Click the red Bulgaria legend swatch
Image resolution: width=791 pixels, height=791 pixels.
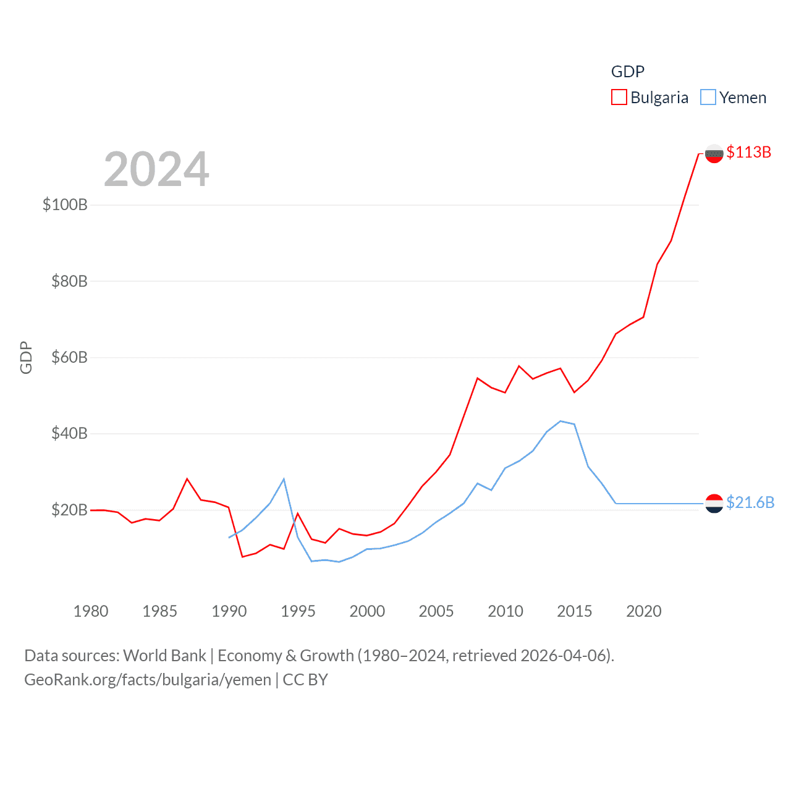pos(619,98)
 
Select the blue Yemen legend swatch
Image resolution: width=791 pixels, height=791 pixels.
pos(708,98)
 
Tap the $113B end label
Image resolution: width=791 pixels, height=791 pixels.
pos(748,152)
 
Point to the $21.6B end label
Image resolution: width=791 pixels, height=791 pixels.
pos(750,502)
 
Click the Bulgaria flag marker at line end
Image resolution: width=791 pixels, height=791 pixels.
pos(714,153)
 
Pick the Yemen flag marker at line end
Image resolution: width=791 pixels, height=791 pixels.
pos(714,504)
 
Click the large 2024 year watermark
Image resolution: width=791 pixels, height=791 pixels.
pos(156,169)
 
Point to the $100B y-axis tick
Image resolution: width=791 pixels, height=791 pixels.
pos(65,205)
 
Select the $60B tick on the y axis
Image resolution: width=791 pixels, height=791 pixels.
pos(69,357)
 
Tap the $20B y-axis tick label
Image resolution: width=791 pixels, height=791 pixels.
pos(69,510)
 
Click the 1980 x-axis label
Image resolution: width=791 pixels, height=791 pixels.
pos(91,611)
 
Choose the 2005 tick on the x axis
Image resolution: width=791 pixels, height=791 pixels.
pos(436,611)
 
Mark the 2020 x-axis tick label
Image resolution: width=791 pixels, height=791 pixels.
pos(643,611)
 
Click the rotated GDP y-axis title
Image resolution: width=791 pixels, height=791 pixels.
pos(26,357)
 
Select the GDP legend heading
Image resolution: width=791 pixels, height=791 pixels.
pos(627,72)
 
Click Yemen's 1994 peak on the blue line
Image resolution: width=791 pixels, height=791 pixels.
pos(284,479)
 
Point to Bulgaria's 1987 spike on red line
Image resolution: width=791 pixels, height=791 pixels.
pos(187,479)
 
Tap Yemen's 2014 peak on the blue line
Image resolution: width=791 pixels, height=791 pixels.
pos(560,421)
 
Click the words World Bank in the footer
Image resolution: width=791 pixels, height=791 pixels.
pos(165,655)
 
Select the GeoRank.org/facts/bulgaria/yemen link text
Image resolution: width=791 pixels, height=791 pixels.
pos(148,680)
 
